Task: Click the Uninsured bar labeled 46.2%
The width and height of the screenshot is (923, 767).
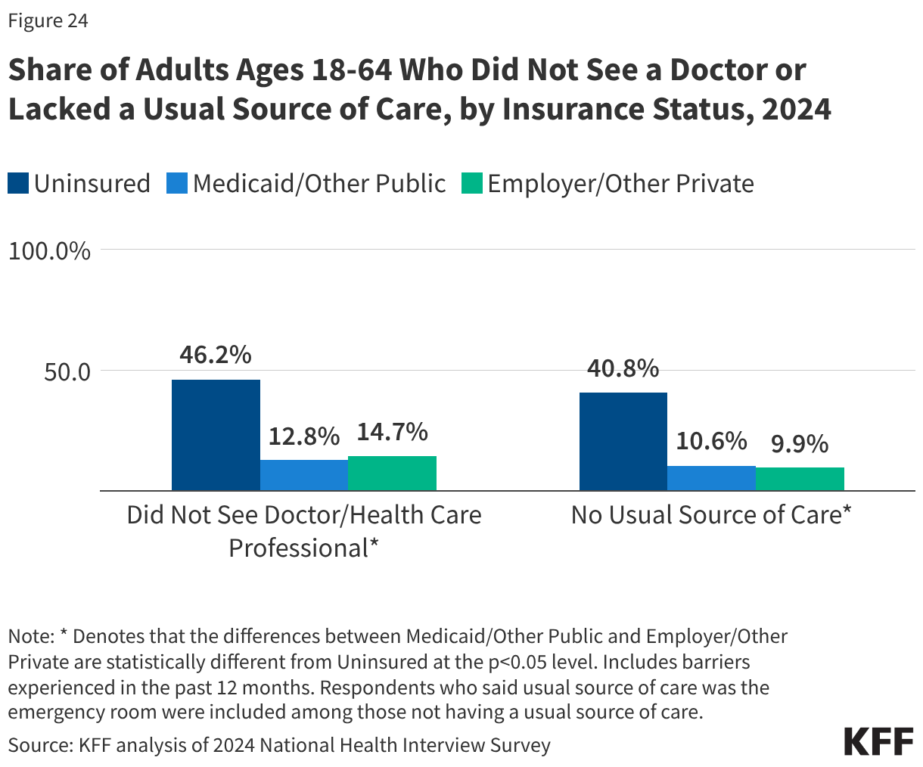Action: [x=216, y=435]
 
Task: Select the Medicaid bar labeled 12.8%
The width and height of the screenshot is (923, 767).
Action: [x=303, y=475]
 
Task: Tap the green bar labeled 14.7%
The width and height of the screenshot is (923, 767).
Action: [x=392, y=473]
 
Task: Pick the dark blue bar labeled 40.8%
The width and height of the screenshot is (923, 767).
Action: [x=623, y=442]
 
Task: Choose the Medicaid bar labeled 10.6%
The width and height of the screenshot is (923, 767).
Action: [x=711, y=478]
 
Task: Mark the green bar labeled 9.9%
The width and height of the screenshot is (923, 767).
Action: [x=800, y=479]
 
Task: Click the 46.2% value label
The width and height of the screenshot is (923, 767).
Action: [x=216, y=355]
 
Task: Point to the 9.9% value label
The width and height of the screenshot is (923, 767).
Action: [x=800, y=444]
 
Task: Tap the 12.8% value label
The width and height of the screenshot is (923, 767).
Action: [x=303, y=436]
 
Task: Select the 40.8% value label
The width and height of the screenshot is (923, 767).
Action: [x=623, y=368]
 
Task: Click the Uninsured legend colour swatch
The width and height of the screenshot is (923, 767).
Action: [x=18, y=184]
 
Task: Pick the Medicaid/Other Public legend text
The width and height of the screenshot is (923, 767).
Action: [x=319, y=184]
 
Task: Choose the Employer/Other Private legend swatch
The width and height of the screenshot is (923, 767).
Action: [x=471, y=184]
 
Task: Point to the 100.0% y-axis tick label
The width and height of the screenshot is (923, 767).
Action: [x=49, y=250]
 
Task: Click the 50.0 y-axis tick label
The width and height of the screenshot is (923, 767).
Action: [x=59, y=372]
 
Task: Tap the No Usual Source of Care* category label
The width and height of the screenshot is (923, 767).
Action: [x=711, y=515]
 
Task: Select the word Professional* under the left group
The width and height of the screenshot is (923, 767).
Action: [x=303, y=548]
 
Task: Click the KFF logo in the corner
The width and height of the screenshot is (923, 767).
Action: [x=878, y=741]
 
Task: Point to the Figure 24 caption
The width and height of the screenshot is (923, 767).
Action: [x=48, y=21]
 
